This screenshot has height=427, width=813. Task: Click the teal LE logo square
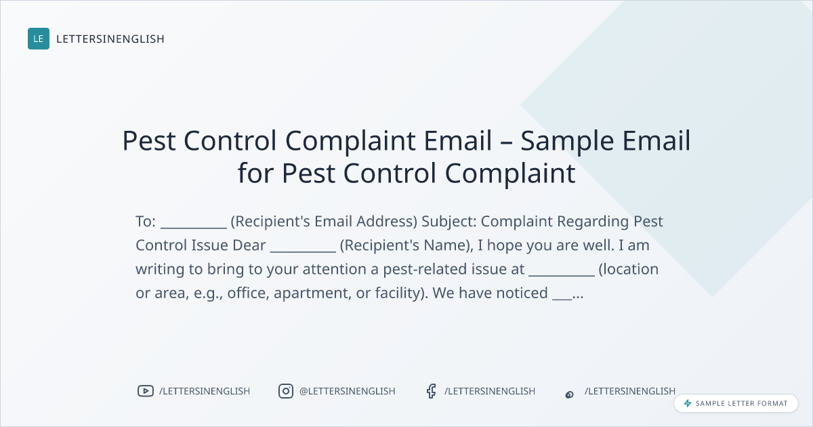[39, 39]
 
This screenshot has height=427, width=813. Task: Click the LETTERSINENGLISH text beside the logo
[110, 39]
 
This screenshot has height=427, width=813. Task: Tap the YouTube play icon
[146, 391]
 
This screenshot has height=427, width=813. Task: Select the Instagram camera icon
[286, 391]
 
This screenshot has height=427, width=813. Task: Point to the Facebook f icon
[431, 391]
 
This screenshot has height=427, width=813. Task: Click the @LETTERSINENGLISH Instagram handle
[348, 391]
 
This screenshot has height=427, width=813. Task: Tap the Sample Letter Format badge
[736, 403]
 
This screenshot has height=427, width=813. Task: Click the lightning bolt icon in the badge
[688, 403]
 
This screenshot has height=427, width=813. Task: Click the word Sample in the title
[567, 141]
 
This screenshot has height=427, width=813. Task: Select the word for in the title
[255, 173]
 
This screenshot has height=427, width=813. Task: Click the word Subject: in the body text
[449, 222]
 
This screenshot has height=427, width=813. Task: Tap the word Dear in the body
[249, 245]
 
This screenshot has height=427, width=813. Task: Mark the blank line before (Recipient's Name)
[303, 251]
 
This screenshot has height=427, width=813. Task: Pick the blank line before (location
[562, 275]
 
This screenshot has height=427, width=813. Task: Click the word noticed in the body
[522, 293]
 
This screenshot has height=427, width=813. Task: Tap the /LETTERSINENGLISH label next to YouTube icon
[205, 391]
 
